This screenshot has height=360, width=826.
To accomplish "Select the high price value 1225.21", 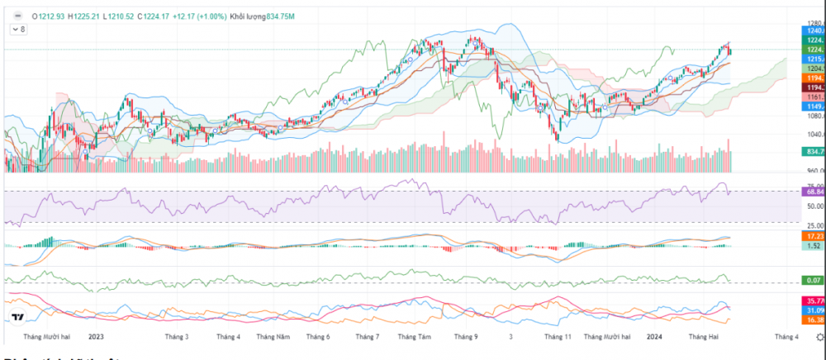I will [86, 16].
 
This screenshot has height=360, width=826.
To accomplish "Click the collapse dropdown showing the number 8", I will [17, 29].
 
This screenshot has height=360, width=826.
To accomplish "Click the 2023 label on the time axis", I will [96, 337].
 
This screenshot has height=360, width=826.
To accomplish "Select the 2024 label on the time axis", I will [654, 337].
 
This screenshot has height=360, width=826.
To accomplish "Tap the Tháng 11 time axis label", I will [558, 337].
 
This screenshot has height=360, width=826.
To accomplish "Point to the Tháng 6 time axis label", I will [317, 337].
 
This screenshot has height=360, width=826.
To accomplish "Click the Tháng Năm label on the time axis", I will [273, 337].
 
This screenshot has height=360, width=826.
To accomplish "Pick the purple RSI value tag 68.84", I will [813, 192].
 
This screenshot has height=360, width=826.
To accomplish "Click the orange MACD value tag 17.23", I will [813, 236].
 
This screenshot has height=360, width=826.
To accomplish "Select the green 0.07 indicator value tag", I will [813, 281].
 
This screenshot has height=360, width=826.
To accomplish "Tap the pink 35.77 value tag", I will [813, 301].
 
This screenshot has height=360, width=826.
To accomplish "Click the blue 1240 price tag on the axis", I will [813, 30].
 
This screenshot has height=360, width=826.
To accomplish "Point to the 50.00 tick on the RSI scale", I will [814, 206].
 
